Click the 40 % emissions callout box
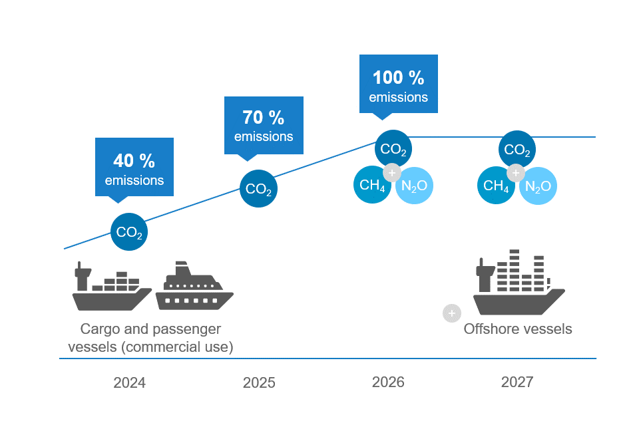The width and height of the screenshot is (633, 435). (134, 167)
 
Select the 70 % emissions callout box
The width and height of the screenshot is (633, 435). (264, 126)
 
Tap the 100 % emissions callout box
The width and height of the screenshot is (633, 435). (398, 84)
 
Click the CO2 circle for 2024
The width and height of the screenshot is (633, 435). (129, 232)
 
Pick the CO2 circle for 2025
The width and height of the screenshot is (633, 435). (258, 189)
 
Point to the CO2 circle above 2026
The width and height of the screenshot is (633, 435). (393, 148)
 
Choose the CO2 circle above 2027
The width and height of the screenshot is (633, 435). (517, 150)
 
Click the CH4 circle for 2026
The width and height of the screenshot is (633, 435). (372, 185)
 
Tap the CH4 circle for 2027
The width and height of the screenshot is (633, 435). (496, 185)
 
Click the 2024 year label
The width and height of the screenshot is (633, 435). (129, 383)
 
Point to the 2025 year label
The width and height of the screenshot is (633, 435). (259, 383)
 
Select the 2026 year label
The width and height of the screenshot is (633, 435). (388, 382)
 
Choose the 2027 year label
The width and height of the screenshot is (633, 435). (517, 382)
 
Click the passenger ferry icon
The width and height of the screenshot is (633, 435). (194, 287)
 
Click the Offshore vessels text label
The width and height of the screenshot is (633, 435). (518, 329)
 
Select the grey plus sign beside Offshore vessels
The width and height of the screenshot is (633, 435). (452, 313)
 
